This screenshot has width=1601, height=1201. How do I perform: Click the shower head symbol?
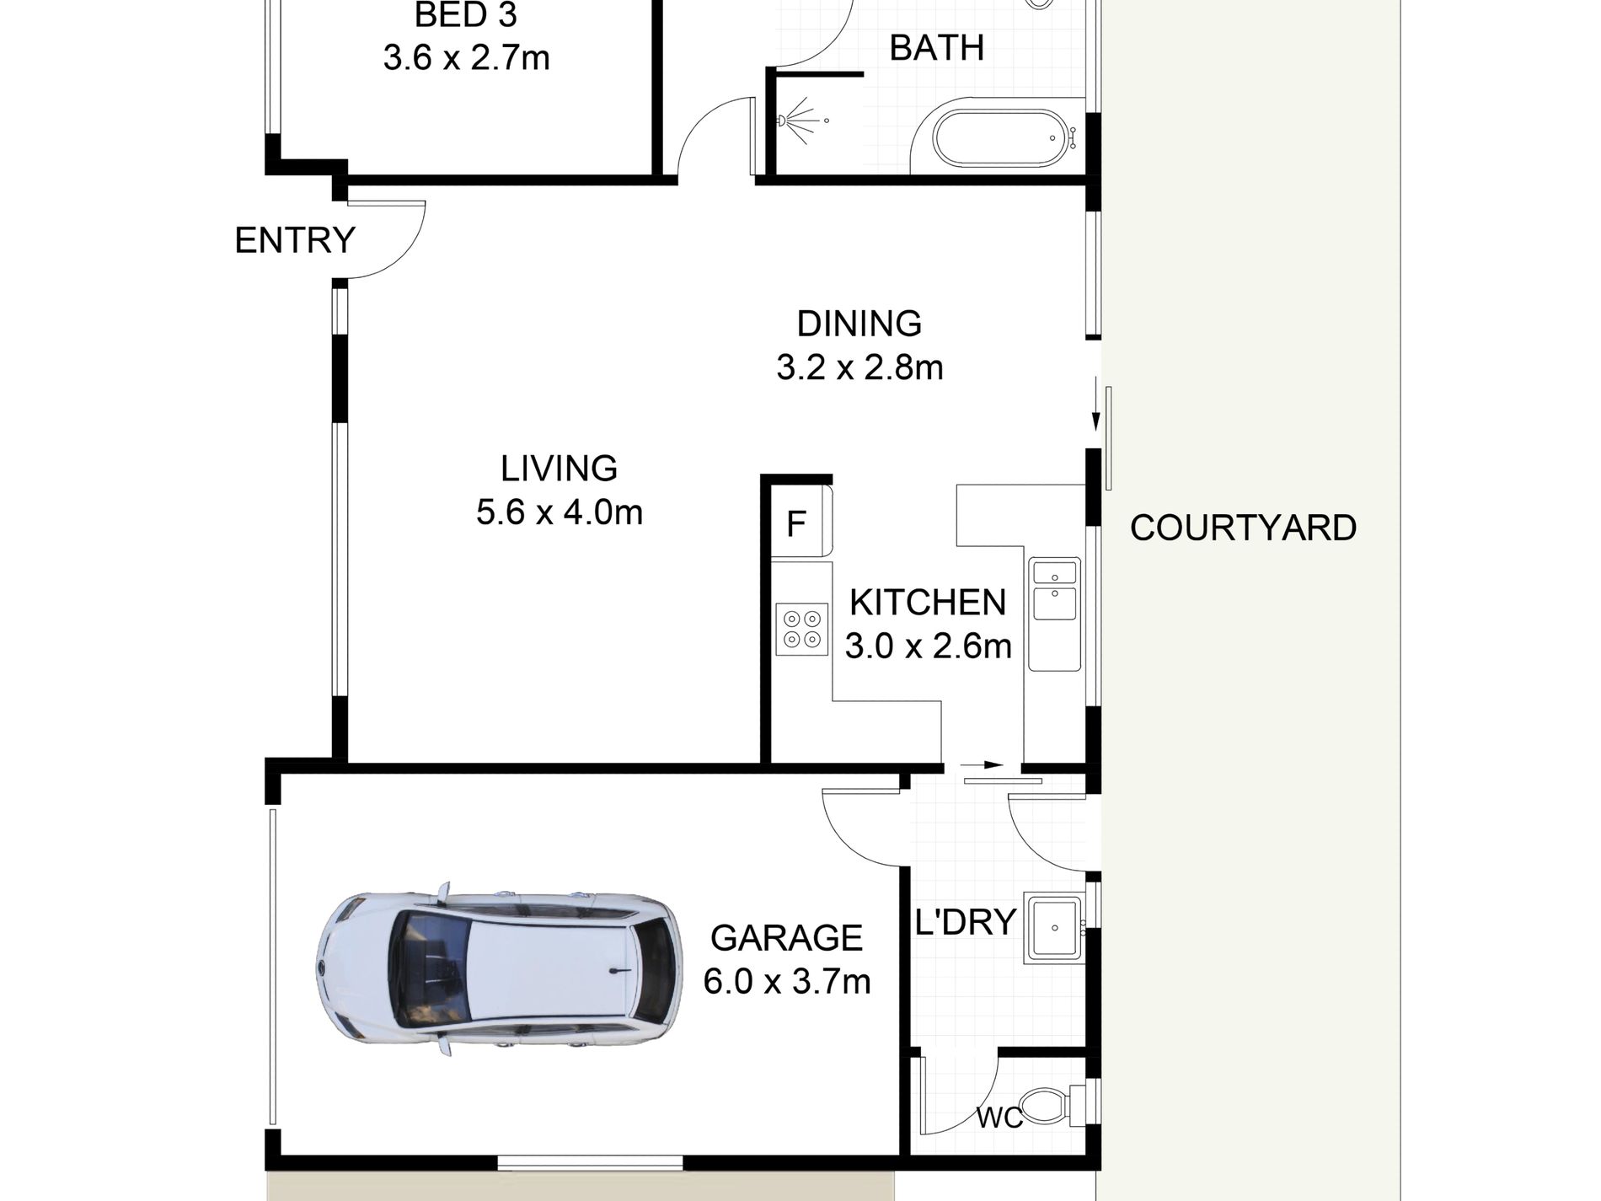pyautogui.click(x=788, y=121)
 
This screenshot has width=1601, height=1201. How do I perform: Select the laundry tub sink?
pyautogui.click(x=1052, y=930)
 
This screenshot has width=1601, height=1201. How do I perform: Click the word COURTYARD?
pyautogui.click(x=1243, y=528)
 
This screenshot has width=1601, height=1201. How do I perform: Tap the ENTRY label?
pyautogui.click(x=295, y=241)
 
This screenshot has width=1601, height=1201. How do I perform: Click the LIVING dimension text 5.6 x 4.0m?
pyautogui.click(x=560, y=512)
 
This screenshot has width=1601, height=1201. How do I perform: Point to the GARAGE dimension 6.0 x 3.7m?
pyautogui.click(x=786, y=982)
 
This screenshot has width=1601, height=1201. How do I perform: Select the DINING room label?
pyautogui.click(x=859, y=324)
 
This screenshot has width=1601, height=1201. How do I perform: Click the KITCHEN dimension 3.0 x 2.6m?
pyautogui.click(x=928, y=646)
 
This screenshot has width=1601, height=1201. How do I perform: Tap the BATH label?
pyautogui.click(x=937, y=48)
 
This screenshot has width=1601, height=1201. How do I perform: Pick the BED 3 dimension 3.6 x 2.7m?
pyautogui.click(x=466, y=58)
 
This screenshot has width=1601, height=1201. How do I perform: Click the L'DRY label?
pyautogui.click(x=965, y=923)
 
